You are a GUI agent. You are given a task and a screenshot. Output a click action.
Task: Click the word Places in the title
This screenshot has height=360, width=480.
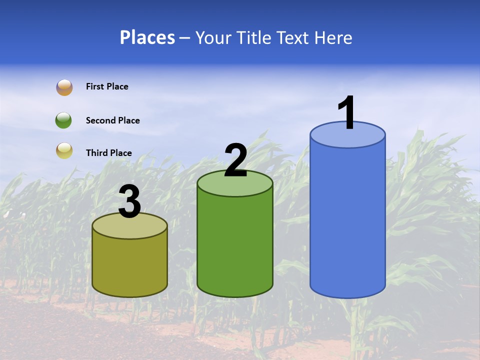click(x=147, y=37)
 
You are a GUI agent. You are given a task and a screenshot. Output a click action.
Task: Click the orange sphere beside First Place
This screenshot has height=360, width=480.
click(x=64, y=87)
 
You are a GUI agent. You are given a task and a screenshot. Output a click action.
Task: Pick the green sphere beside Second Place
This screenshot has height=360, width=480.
click(x=63, y=120)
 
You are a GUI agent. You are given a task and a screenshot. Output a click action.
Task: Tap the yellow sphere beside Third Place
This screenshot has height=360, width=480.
click(x=64, y=151)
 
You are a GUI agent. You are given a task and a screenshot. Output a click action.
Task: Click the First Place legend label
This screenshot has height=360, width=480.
click(x=107, y=86)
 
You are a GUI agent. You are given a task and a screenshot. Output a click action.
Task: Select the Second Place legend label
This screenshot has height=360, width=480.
click(x=112, y=120)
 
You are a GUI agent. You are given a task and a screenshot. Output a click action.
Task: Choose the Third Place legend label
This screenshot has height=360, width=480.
click(x=108, y=153)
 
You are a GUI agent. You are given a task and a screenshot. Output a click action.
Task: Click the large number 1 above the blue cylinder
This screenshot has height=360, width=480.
click(x=346, y=113)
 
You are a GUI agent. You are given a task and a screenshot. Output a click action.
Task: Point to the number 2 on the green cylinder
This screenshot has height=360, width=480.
click(x=235, y=160)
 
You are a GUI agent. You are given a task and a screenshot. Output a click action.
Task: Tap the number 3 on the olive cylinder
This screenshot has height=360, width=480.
click(x=129, y=202)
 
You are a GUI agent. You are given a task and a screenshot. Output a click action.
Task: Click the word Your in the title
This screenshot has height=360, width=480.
click(x=213, y=37)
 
